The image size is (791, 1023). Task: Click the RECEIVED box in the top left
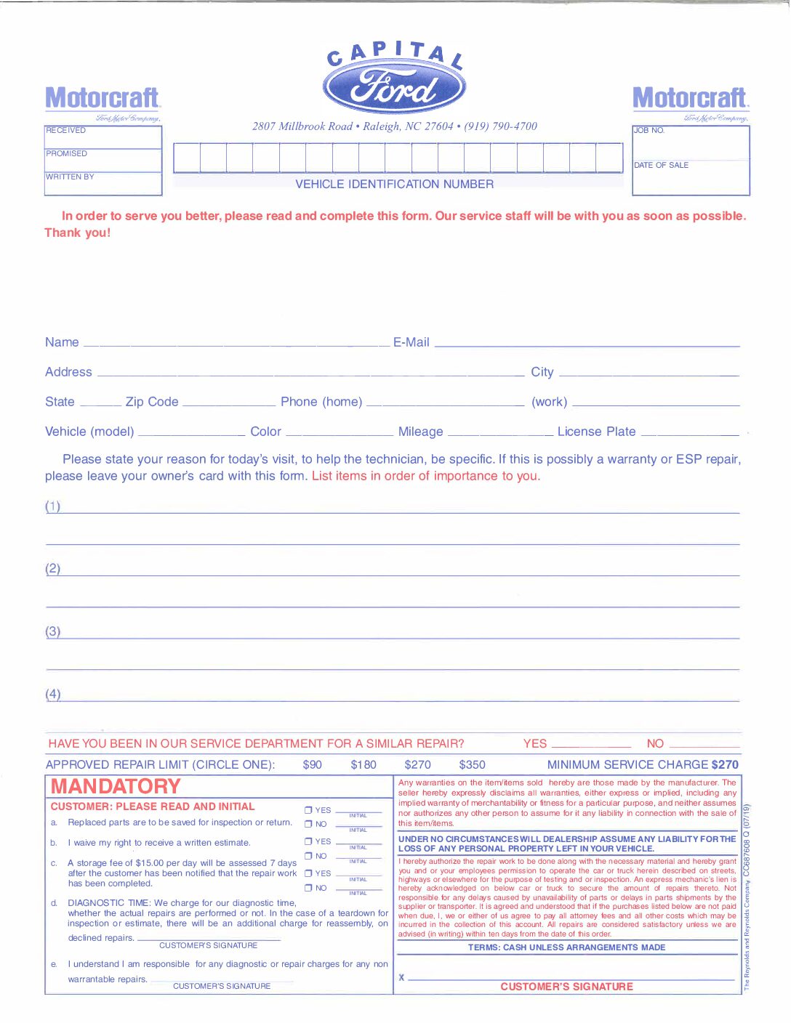tap(103, 137)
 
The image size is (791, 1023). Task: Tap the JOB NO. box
tap(691, 142)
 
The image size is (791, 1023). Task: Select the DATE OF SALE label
tap(661, 166)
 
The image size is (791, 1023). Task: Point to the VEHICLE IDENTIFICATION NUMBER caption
tap(394, 185)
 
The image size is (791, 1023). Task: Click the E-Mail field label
tap(411, 342)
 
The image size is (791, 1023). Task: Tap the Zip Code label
tap(151, 402)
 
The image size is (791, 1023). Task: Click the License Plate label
tap(596, 432)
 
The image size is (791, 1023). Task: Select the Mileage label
tap(420, 432)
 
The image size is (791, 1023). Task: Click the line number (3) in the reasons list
tap(53, 631)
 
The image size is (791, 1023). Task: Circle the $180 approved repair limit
tap(364, 765)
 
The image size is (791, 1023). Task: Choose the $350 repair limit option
tap(472, 765)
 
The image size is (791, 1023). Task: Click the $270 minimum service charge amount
tap(725, 765)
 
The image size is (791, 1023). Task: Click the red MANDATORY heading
tap(116, 786)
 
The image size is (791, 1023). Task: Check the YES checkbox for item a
tap(308, 810)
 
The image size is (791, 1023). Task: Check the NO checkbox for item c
tap(308, 888)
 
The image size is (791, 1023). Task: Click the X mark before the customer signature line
tap(401, 978)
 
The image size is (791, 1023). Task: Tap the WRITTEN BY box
tap(103, 183)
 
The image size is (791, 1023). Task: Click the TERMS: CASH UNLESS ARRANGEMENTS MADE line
tap(566, 947)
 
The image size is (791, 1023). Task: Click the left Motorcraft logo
tap(103, 98)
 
